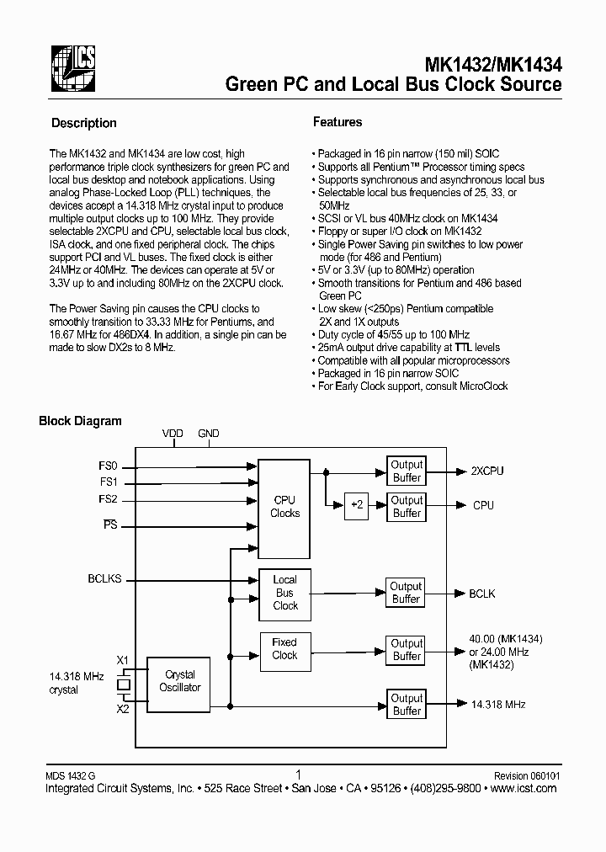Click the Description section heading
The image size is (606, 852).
[84, 123]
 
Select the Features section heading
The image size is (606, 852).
[338, 122]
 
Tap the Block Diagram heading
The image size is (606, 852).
[81, 421]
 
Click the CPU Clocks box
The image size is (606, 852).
[284, 507]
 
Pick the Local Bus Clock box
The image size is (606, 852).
[284, 593]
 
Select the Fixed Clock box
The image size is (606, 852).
[284, 649]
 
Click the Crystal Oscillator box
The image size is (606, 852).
[180, 681]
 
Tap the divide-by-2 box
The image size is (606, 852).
[356, 505]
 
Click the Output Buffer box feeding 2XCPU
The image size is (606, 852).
[407, 471]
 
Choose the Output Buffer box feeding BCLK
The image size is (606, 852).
[406, 593]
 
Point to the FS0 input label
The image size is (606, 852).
[109, 466]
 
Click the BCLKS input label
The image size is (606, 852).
[104, 579]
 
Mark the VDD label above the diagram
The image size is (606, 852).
[173, 434]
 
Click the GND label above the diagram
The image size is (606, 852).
[208, 434]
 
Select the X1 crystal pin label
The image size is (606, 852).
[122, 660]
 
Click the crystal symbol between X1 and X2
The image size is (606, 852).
[124, 685]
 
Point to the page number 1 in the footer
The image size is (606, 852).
[299, 775]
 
